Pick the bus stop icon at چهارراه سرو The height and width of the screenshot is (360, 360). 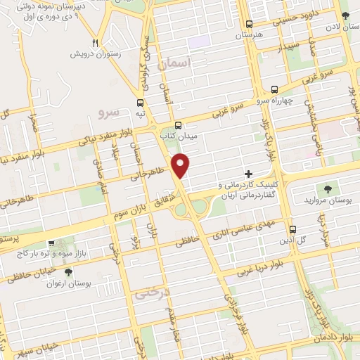pyautogui.click(x=274, y=89)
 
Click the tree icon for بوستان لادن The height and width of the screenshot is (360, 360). pyautogui.click(x=345, y=15)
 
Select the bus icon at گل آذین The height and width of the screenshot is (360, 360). pyautogui.click(x=292, y=229)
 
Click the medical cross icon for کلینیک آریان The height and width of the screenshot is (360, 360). pyautogui.click(x=248, y=173)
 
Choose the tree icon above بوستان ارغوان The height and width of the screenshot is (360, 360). pyautogui.click(x=67, y=271)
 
